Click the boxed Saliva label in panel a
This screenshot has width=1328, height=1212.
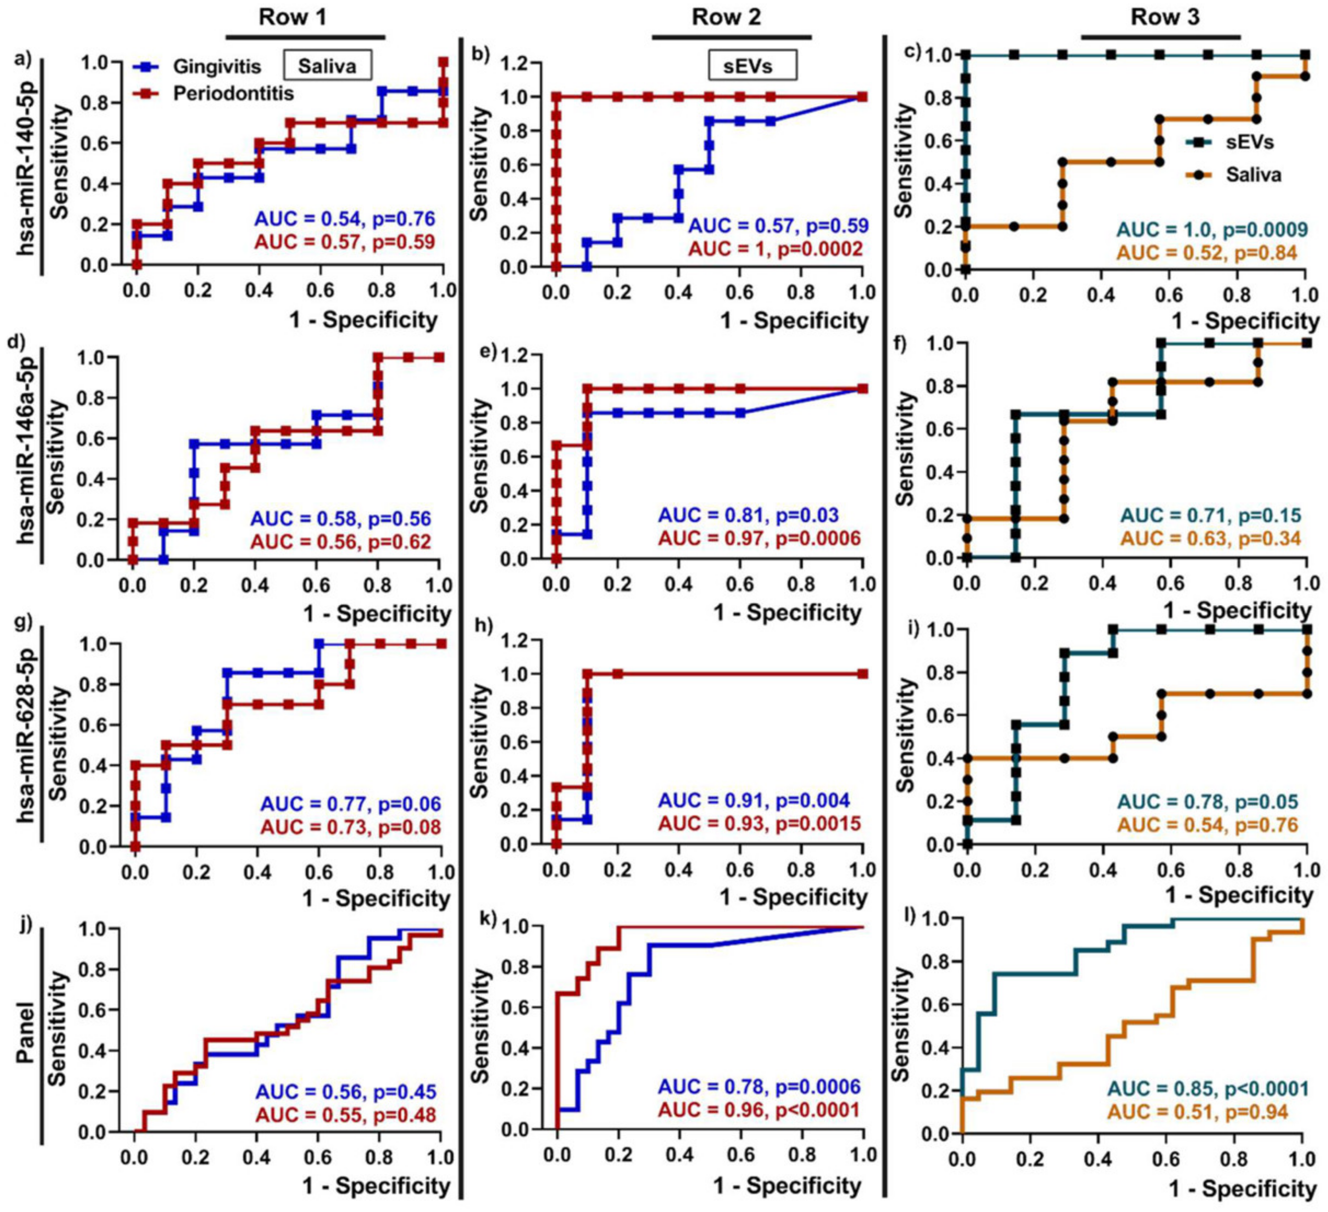pyautogui.click(x=327, y=66)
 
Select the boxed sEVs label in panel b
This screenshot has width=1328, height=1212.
pyautogui.click(x=752, y=66)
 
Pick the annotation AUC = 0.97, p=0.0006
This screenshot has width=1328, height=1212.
pyautogui.click(x=760, y=539)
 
